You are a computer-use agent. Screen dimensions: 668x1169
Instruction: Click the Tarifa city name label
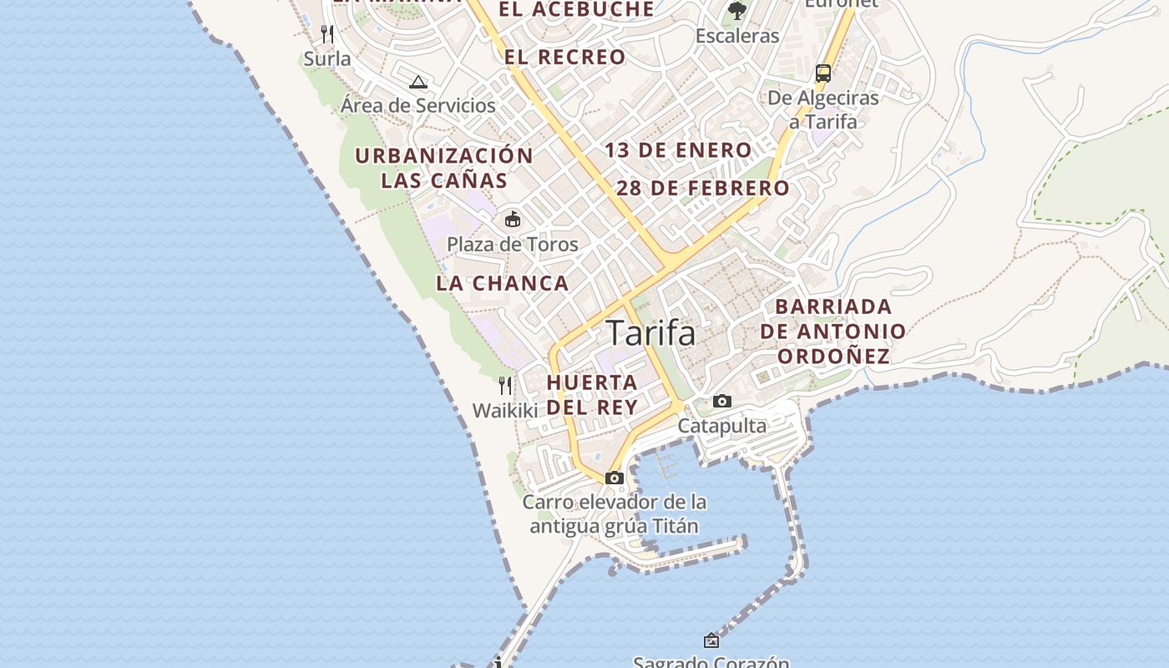(x=650, y=332)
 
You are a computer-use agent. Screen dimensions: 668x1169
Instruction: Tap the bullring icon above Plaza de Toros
(x=513, y=220)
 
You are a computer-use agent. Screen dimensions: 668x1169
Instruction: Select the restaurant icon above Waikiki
(x=505, y=385)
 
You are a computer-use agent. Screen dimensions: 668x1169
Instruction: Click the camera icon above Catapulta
(x=722, y=402)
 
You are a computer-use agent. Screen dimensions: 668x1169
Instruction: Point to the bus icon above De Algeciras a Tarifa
(x=823, y=73)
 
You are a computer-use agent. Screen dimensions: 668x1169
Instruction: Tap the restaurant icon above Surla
(x=327, y=34)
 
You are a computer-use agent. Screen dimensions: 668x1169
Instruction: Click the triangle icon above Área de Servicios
(x=418, y=82)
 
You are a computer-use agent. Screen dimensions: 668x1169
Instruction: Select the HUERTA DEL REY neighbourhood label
(x=592, y=394)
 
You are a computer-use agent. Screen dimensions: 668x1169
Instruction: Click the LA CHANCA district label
(x=502, y=283)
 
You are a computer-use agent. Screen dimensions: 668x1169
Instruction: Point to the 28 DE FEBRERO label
(x=703, y=188)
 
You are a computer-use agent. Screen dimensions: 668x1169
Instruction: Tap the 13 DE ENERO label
(x=678, y=150)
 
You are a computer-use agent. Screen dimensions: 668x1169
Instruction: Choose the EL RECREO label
(x=564, y=57)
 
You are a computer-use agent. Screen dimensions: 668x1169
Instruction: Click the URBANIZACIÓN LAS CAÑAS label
(x=444, y=168)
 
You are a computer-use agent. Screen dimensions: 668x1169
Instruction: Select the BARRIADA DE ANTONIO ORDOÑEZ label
(x=832, y=331)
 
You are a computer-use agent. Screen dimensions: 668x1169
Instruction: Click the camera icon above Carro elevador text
(x=615, y=478)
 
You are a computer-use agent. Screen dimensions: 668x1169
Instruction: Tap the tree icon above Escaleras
(x=736, y=10)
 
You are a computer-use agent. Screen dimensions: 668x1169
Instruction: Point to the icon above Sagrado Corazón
(x=711, y=640)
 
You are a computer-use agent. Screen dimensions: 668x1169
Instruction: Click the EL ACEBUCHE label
(x=576, y=9)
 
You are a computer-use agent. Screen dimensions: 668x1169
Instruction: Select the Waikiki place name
(x=505, y=410)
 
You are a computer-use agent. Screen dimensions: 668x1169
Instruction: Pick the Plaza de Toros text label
(x=512, y=244)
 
